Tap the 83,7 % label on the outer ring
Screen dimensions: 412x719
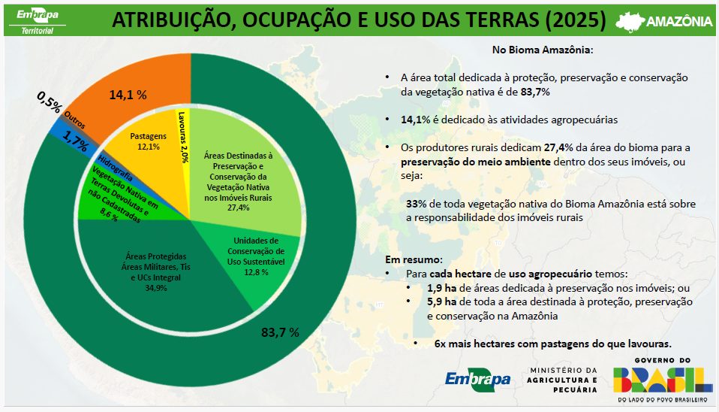pos(280,332)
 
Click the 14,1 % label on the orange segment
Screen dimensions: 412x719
pos(128,95)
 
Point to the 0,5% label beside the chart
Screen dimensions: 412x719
pos(49,101)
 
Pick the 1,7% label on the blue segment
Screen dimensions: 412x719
pos(75,139)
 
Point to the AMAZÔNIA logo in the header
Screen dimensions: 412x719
pos(663,21)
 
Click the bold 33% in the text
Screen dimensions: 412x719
pos(416,204)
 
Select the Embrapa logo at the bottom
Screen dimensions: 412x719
pos(478,380)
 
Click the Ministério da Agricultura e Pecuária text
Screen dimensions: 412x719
pos(564,380)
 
